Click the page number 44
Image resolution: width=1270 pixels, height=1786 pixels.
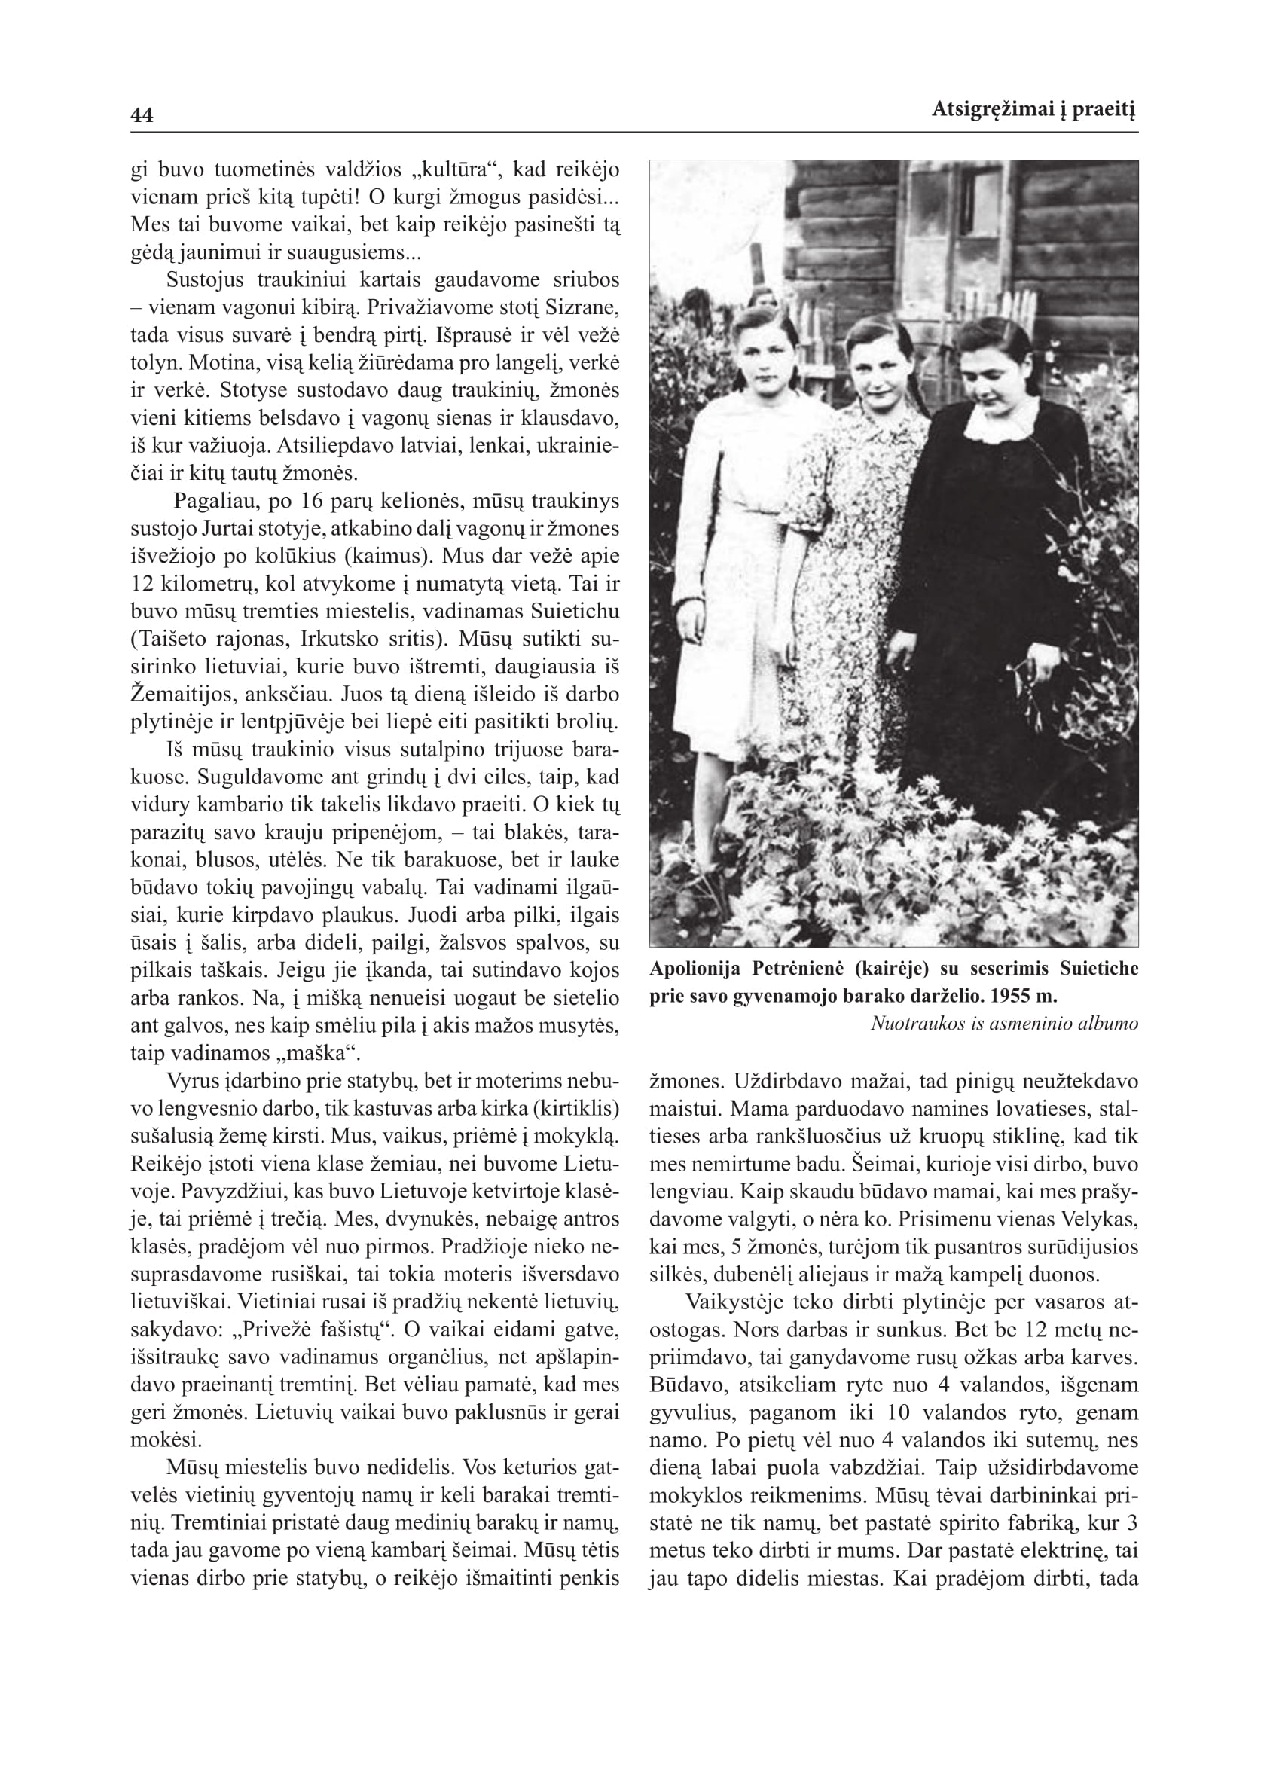(142, 115)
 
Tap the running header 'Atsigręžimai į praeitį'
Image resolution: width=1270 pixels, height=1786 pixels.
(1033, 110)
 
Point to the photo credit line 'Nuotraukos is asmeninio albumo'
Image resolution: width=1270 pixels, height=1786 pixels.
(1004, 1024)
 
